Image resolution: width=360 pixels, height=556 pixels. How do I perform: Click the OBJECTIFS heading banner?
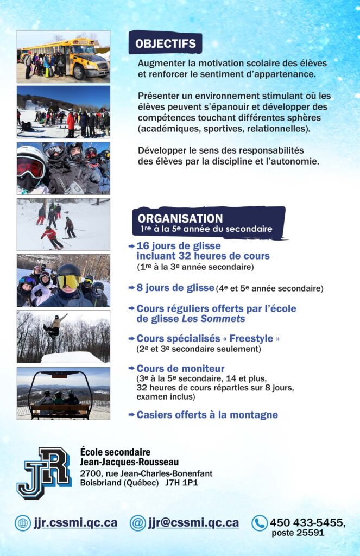(165, 43)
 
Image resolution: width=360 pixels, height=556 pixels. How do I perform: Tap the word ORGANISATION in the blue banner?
(180, 218)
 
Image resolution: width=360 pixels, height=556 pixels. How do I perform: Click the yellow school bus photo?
(63, 55)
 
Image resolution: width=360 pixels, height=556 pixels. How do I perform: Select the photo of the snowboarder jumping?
(63, 336)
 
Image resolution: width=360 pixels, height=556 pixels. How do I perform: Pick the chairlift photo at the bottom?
(63, 393)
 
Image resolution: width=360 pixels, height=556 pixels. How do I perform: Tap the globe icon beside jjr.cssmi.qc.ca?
(23, 523)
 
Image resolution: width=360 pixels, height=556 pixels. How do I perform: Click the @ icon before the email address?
(138, 523)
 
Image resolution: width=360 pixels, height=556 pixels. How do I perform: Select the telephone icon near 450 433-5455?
(260, 523)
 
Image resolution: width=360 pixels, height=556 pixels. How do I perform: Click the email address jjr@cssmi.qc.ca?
(193, 523)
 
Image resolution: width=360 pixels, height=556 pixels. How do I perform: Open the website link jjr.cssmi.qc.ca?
(75, 523)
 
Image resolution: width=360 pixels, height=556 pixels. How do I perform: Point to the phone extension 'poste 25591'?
(298, 533)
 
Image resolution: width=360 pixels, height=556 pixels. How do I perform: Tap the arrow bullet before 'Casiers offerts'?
(131, 415)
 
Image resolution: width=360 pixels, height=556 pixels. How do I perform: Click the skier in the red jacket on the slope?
(50, 236)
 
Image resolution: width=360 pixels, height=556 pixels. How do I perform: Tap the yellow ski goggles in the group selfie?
(69, 281)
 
